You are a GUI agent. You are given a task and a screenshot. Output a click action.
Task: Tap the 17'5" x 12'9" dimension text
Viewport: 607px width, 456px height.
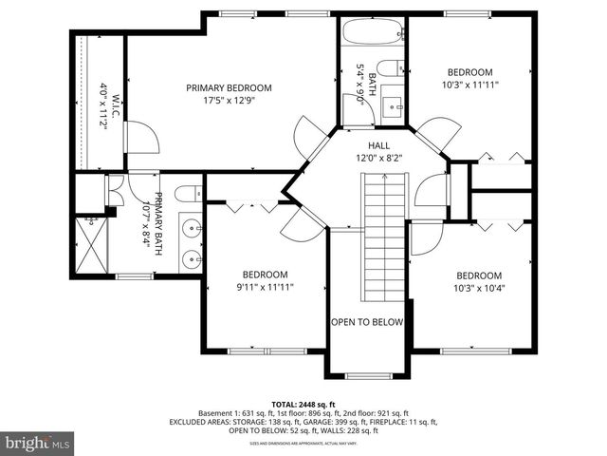229,100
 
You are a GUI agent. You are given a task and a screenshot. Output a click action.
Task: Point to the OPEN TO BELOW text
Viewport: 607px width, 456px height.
366,322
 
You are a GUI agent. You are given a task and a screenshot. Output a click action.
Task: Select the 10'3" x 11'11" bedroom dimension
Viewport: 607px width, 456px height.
469,85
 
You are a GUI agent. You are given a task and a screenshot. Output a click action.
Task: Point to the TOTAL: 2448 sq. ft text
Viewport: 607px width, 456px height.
303,403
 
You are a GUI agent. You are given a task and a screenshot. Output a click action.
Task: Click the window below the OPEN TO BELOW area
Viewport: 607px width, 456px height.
366,376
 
